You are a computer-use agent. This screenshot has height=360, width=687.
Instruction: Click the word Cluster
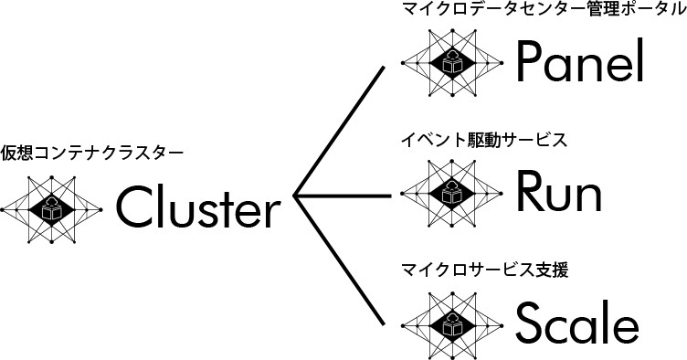point(196,209)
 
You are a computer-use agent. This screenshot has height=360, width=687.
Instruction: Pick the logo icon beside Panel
point(453,62)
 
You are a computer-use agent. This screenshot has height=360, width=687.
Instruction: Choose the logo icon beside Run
point(453,191)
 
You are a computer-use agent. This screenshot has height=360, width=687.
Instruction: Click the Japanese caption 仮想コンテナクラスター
point(92,152)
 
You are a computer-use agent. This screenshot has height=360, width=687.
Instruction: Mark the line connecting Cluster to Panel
point(339,128)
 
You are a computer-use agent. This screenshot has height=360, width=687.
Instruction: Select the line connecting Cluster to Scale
point(339,260)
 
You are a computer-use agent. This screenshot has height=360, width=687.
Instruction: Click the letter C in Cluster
point(132,209)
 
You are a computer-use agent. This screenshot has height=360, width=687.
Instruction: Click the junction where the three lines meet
point(296,195)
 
